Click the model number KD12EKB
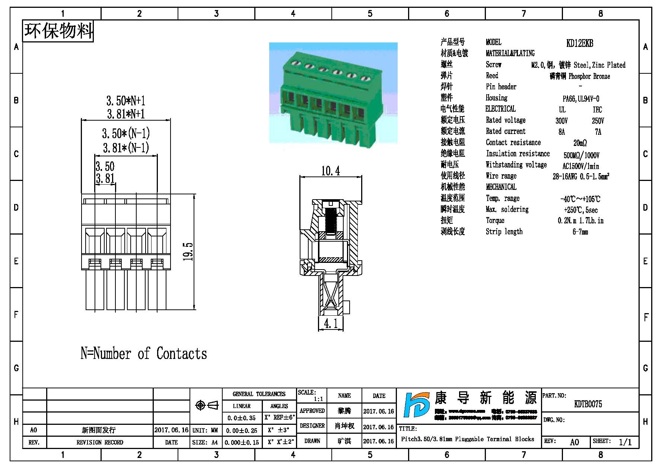(x=579, y=43)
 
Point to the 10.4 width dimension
(x=330, y=171)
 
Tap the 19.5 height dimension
(x=188, y=252)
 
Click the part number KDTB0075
(x=588, y=404)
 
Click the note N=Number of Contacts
(x=144, y=353)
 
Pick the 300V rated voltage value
(x=561, y=121)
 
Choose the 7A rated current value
(x=598, y=132)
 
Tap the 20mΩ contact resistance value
(x=580, y=143)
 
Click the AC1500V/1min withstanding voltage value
(x=580, y=166)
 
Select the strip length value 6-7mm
(x=580, y=232)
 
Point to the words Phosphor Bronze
(x=589, y=76)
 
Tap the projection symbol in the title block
(x=207, y=405)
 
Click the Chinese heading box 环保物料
(x=58, y=31)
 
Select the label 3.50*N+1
(x=125, y=101)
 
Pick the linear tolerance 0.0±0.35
(x=241, y=418)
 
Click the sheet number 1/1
(x=625, y=442)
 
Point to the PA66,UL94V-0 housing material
(x=580, y=99)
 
